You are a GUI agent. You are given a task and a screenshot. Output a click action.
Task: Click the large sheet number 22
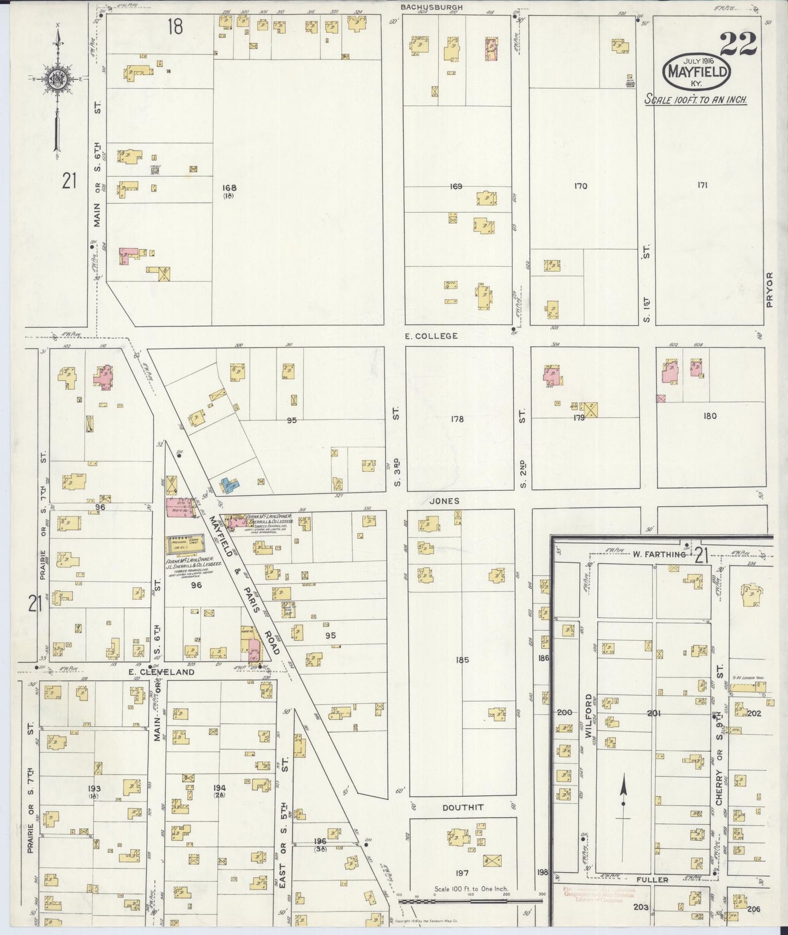click(738, 44)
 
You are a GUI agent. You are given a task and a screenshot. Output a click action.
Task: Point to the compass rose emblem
click(57, 80)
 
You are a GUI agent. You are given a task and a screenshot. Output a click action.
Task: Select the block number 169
click(456, 187)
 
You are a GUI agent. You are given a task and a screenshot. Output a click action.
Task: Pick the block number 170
click(580, 186)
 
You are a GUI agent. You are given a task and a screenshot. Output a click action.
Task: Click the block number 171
click(702, 185)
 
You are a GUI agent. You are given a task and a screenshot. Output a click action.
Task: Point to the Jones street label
click(444, 501)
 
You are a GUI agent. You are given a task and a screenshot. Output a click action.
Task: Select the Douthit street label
click(463, 807)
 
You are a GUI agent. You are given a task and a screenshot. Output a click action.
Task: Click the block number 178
click(457, 419)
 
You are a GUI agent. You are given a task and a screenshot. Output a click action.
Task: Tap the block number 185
click(462, 660)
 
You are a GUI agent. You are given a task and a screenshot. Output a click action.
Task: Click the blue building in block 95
click(230, 484)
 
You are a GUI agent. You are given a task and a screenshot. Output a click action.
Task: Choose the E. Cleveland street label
click(170, 673)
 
